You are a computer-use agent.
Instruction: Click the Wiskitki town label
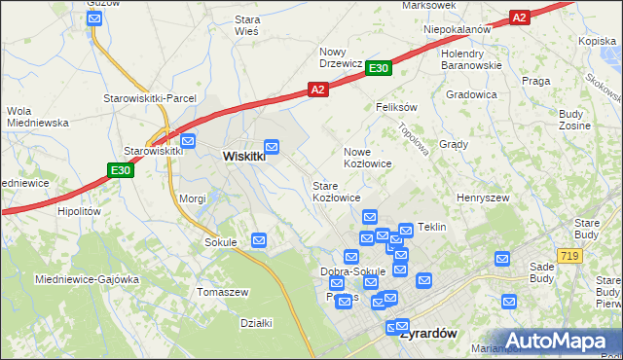coord(243,156)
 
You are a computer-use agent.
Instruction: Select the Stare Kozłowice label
coord(336,191)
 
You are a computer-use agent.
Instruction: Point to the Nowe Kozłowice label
coord(368,158)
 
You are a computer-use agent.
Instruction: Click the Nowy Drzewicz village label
coord(342,57)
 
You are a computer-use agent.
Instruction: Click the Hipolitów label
coord(80,210)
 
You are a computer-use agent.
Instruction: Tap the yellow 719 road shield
coord(570,254)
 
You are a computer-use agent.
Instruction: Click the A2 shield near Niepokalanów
coord(520,17)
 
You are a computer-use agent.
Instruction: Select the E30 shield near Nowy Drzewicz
coord(380,68)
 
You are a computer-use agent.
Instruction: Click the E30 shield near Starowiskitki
coord(120,171)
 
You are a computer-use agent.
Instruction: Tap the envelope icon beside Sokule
coord(259,240)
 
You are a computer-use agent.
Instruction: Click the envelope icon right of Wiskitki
coord(273,148)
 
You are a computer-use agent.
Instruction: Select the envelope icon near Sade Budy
coord(502,259)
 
